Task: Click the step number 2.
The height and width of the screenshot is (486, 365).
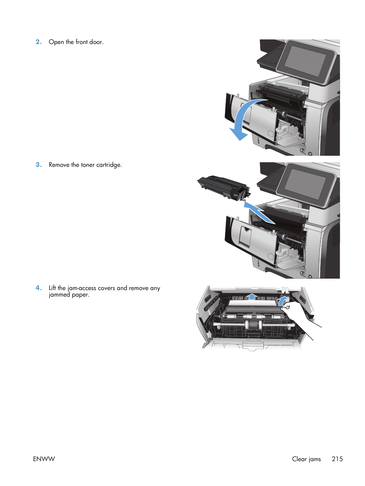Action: click(38, 42)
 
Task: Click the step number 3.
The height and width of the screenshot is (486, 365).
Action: click(38, 165)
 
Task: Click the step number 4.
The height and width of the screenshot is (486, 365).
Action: click(38, 288)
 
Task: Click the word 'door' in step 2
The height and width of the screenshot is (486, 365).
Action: click(96, 42)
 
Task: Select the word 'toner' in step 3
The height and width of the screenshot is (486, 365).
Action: click(87, 165)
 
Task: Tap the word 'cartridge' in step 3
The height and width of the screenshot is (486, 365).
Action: click(109, 165)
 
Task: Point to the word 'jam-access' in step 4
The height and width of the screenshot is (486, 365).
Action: click(81, 288)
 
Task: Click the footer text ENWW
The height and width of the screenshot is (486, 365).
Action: click(44, 459)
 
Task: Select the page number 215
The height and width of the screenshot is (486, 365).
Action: click(337, 459)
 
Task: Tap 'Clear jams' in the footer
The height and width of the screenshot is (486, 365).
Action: click(306, 459)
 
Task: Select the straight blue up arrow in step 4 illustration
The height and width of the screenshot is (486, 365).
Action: click(251, 296)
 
